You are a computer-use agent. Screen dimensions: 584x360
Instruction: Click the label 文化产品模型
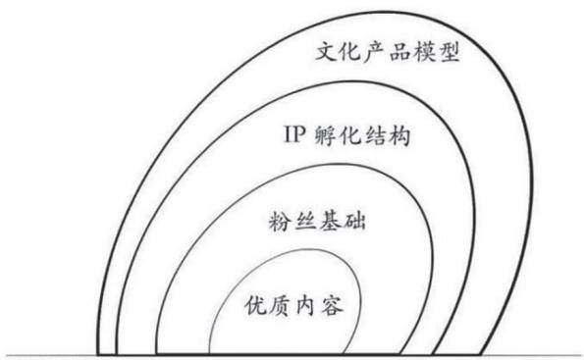[388, 52]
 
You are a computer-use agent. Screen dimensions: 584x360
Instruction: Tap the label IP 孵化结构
[347, 135]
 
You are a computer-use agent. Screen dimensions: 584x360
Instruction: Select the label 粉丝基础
[317, 222]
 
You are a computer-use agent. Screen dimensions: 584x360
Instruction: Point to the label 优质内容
[293, 306]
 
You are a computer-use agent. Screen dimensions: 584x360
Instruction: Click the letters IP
[294, 134]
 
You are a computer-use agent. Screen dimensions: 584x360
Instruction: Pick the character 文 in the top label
[326, 52]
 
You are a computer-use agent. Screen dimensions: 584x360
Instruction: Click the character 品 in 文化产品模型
[399, 52]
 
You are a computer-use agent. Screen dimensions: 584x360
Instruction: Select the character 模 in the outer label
[424, 52]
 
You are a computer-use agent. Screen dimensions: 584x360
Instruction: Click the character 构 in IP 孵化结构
[399, 135]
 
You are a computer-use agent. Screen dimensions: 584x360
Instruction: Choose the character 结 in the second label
[375, 135]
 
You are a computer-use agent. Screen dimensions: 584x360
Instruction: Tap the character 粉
[279, 222]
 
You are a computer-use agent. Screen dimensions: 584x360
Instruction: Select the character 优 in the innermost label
[255, 306]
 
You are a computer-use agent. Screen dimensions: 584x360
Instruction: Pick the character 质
[280, 306]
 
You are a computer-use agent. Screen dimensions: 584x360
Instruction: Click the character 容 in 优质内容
[333, 306]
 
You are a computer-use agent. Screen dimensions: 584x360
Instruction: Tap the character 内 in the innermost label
[306, 306]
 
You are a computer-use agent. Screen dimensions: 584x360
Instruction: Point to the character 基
[330, 222]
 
